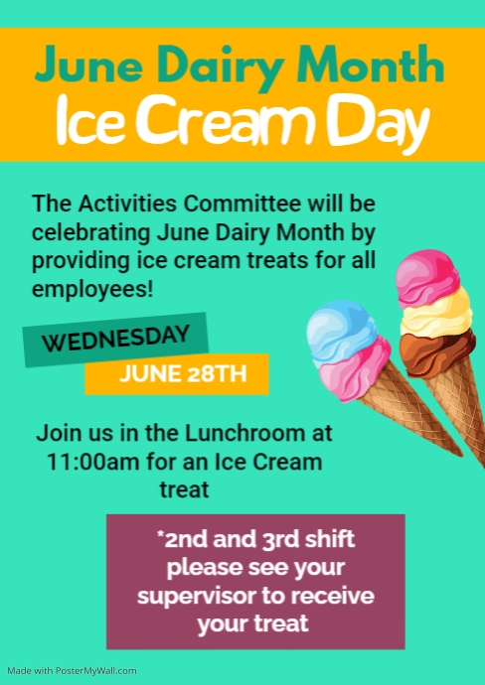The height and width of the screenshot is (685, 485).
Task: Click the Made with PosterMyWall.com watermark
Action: click(x=71, y=671)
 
